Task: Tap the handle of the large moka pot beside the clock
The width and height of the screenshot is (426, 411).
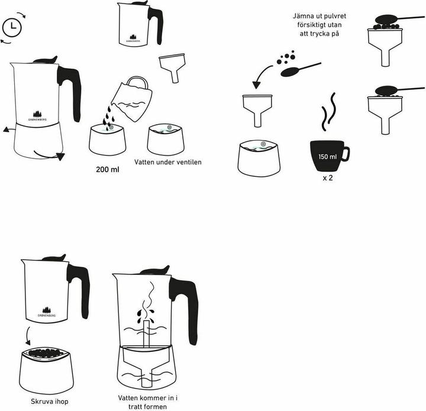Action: (x=69, y=89)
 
